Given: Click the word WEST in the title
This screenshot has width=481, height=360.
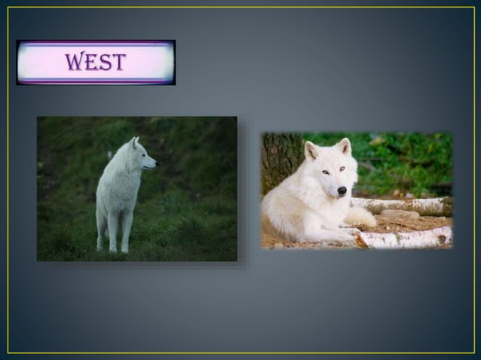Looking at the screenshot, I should coord(95,62).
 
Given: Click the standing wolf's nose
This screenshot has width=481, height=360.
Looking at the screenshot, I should coord(155,162).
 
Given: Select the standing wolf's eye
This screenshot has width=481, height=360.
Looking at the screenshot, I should coord(144,154).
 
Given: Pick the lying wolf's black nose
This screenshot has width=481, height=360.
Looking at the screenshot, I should coord(342,191).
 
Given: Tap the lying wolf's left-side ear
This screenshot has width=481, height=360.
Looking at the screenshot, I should coord(311,149).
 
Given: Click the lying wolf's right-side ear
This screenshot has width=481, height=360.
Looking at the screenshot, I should coord(345,145).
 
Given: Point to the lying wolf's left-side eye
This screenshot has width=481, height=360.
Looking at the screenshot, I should coord(326,172).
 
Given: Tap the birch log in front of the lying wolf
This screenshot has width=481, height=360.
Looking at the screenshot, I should coord(407,238).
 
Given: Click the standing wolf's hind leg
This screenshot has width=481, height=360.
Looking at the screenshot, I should coord(101,230).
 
